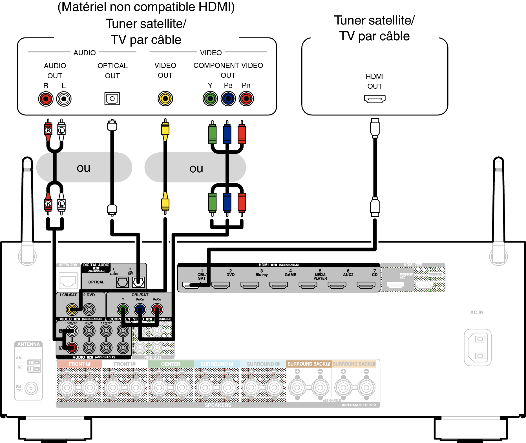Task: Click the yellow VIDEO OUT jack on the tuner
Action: tap(165, 99)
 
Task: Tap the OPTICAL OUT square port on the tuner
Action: tap(112, 99)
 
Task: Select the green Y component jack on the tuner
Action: tap(210, 99)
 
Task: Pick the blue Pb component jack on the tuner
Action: tap(228, 99)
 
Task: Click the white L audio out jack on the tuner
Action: tap(64, 99)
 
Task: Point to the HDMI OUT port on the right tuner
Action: tap(375, 99)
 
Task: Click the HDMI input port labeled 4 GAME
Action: tap(279, 285)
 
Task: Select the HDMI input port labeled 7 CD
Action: tap(366, 285)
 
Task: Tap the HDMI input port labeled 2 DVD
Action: tap(221, 285)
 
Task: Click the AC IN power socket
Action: tap(478, 348)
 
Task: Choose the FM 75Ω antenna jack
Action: tap(31, 388)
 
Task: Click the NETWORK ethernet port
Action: tap(68, 281)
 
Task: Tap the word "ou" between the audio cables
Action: tap(83, 168)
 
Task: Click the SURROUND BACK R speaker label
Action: tap(309, 364)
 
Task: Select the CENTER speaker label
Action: tap(171, 364)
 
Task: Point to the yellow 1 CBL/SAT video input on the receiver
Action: tap(72, 310)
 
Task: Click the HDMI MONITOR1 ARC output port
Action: tap(395, 285)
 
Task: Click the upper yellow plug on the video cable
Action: tap(165, 129)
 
